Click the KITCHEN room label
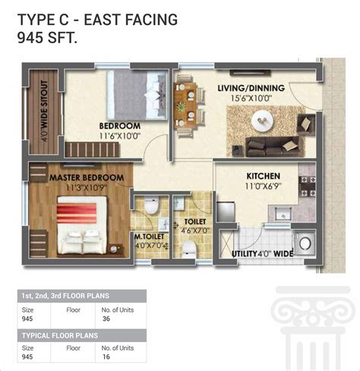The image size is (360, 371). pos(264,176)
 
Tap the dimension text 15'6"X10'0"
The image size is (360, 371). pos(251,98)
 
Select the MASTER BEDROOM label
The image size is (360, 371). pos(87,178)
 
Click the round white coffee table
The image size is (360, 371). pos(263,121)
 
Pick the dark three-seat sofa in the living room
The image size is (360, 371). pos(272,146)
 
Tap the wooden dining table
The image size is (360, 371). pos(185,105)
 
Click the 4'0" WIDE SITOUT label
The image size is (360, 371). pos(44,111)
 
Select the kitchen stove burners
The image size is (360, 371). pos(308,187)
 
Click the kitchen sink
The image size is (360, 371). pos(283,215)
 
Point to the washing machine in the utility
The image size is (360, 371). pos(305,244)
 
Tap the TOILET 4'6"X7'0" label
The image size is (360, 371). pos(195,226)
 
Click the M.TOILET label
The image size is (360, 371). pos(150,237)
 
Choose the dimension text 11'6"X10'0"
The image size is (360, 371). pos(120,136)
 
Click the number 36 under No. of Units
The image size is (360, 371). pos(106,319)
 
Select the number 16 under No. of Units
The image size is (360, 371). pos(106,357)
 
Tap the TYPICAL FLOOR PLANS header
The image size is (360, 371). pos(60,335)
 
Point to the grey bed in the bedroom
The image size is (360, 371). pos(137,95)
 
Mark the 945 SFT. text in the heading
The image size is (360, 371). pos(47,38)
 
